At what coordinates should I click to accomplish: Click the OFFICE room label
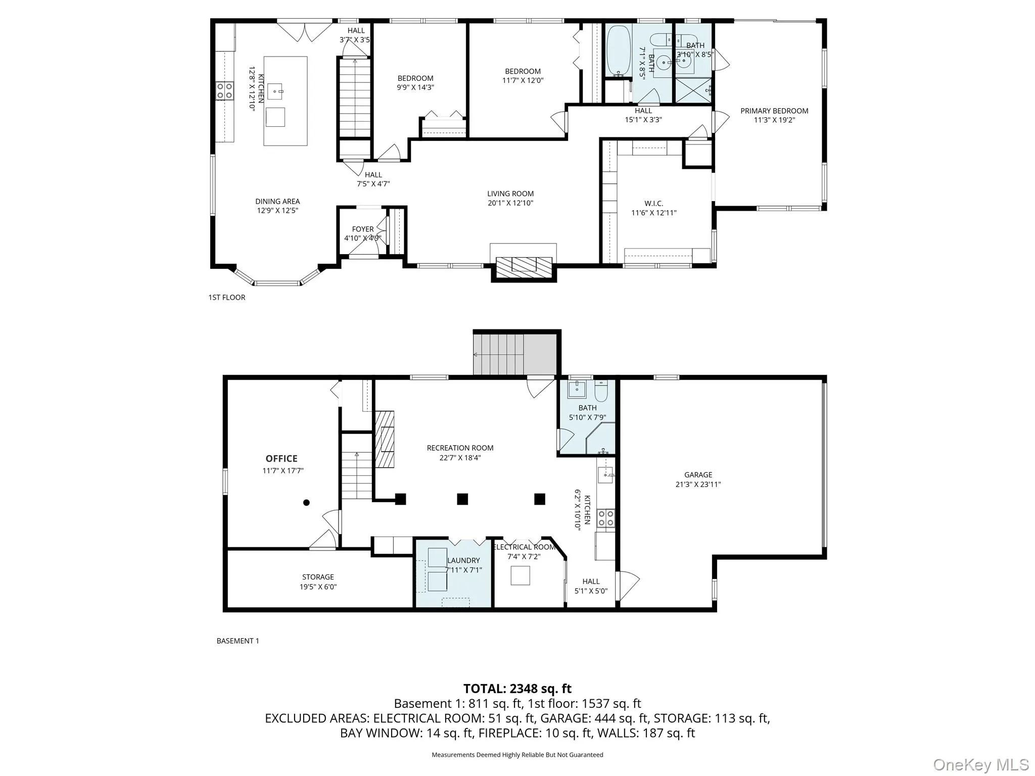point(281,459)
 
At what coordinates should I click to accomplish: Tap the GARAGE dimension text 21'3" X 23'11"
point(698,484)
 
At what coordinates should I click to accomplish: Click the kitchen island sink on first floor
point(275,91)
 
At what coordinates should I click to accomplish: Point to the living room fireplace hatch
point(524,266)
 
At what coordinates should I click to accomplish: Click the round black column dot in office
point(306,503)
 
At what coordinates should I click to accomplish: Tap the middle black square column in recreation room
point(462,499)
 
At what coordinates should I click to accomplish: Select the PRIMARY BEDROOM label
point(774,111)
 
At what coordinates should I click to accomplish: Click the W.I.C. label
point(653,204)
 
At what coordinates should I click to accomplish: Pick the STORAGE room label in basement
point(318,577)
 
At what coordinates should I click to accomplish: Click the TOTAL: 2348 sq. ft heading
point(517,689)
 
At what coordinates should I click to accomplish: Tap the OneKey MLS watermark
point(980,764)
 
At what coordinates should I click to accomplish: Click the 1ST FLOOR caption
point(227,298)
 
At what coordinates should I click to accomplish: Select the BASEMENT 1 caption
point(238,641)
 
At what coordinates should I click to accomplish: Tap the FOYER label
point(363,229)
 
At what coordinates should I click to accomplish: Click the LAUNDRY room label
point(463,561)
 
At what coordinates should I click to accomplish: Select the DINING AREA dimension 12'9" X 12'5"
point(277,211)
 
